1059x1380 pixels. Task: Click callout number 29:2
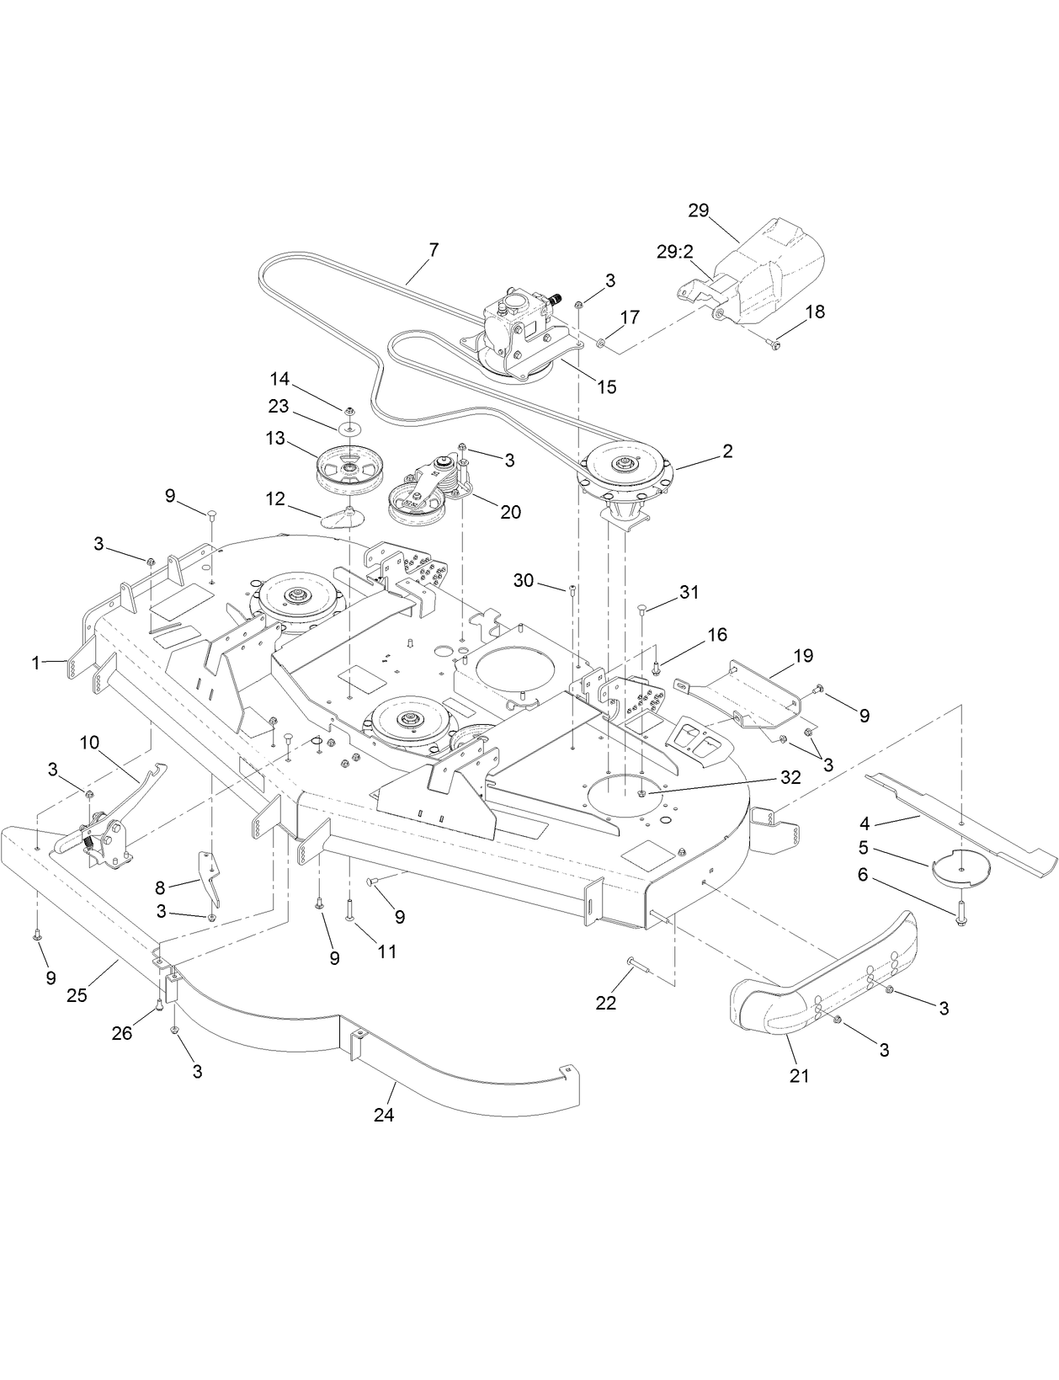pyautogui.click(x=674, y=251)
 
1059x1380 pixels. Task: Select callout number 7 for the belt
pyautogui.click(x=434, y=250)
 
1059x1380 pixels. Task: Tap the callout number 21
pyautogui.click(x=799, y=1075)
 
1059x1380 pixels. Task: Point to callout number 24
pyautogui.click(x=385, y=1115)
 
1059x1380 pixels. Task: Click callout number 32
pyautogui.click(x=790, y=777)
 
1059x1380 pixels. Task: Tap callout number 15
pyautogui.click(x=606, y=386)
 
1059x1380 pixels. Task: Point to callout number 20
pyautogui.click(x=511, y=511)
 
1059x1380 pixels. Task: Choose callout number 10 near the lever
pyautogui.click(x=90, y=742)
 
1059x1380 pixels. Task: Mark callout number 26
pyautogui.click(x=122, y=1032)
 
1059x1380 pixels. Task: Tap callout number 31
pyautogui.click(x=689, y=593)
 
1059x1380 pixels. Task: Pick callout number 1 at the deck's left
pyautogui.click(x=35, y=663)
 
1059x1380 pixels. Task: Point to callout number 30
pyautogui.click(x=524, y=580)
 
